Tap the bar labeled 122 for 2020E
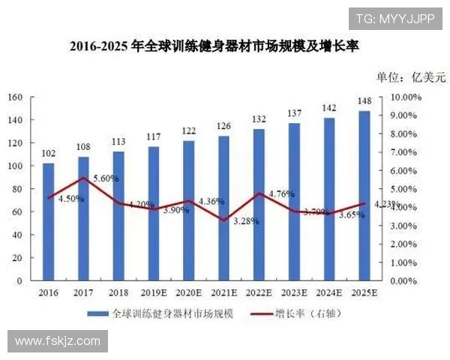(189, 210)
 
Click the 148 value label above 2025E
(364, 101)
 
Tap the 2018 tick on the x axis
(118, 292)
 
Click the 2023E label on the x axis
(294, 292)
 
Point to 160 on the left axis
(15, 97)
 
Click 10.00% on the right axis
(406, 97)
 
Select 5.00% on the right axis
(408, 189)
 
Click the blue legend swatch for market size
(97, 313)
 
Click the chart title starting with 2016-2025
(214, 46)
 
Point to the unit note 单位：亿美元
(410, 76)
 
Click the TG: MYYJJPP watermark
(394, 19)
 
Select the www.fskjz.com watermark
(58, 341)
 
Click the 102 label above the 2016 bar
(48, 154)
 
